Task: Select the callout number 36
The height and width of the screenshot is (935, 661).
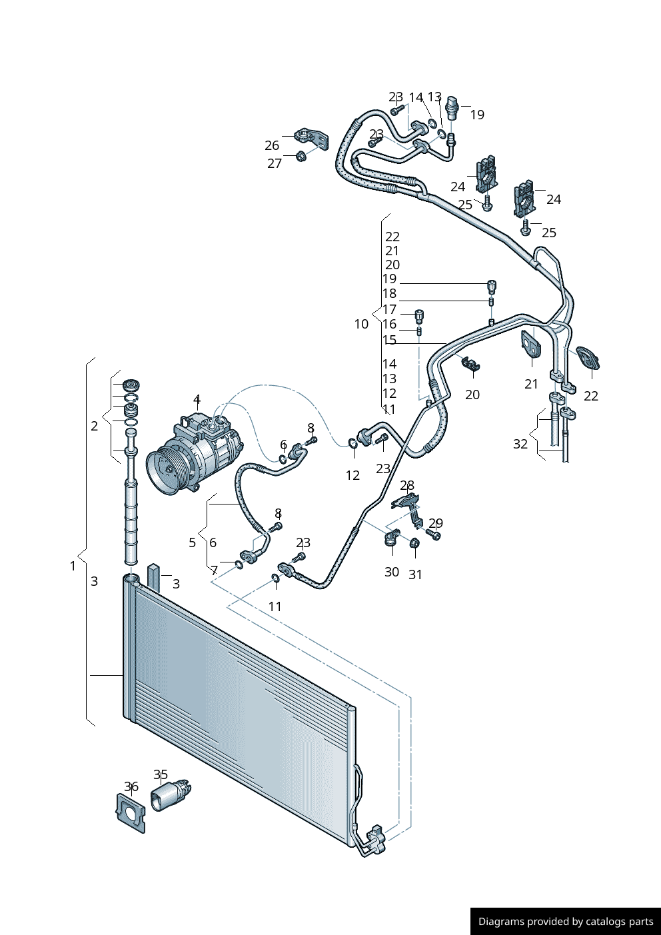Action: [x=131, y=786]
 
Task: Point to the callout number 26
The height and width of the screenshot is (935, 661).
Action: [x=272, y=145]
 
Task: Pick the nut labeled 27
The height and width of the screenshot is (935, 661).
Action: [x=300, y=157]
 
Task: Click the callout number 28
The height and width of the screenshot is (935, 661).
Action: [x=408, y=485]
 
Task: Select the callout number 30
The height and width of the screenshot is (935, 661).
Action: [x=392, y=572]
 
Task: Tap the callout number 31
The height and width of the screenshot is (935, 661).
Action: [x=415, y=574]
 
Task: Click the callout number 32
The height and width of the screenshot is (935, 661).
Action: [x=520, y=444]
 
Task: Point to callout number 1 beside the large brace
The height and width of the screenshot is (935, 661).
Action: [x=73, y=566]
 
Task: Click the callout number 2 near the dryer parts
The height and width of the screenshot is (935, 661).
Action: [x=95, y=426]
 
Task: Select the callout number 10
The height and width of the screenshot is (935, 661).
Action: [x=361, y=324]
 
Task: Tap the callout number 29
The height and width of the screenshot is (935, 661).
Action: [x=436, y=523]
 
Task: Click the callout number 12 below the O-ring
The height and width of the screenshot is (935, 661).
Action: [x=352, y=475]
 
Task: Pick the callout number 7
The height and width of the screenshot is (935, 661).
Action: [x=214, y=570]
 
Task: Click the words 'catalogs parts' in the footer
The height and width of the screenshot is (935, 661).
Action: [x=619, y=922]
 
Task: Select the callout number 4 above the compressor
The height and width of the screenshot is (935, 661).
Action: [x=197, y=399]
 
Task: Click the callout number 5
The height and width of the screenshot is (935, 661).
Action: [x=193, y=542]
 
